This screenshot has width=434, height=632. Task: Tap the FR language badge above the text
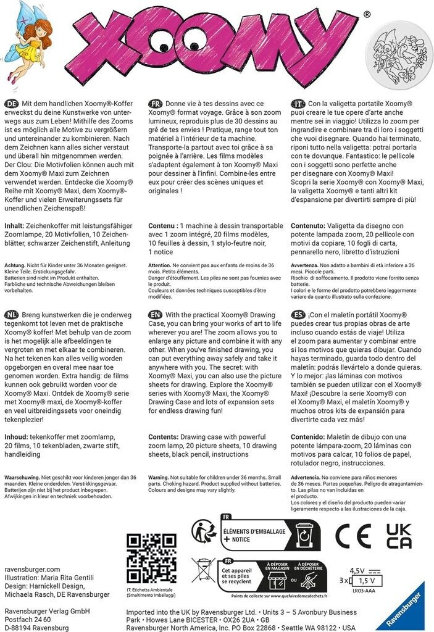point(156,104)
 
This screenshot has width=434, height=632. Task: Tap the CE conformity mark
point(353,536)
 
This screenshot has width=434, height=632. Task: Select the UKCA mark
point(398,536)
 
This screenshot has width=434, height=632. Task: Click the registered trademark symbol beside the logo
point(367,14)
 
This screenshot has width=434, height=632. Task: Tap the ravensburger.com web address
point(32,569)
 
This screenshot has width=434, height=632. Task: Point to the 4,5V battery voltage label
point(357,570)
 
